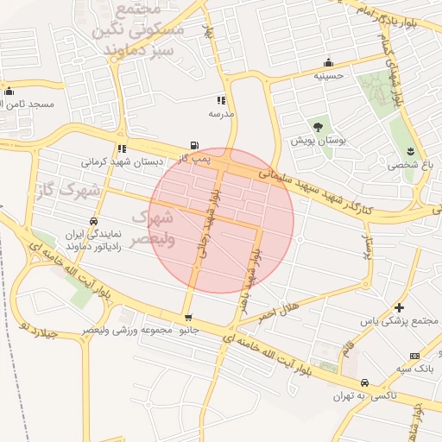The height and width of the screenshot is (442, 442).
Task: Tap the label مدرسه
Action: tap(221, 113)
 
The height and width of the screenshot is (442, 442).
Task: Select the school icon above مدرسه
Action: tap(222, 100)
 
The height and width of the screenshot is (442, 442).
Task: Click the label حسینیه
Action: tap(328, 76)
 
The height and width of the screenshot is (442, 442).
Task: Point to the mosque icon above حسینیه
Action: tap(328, 62)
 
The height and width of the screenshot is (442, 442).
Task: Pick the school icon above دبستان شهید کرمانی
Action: tap(122, 148)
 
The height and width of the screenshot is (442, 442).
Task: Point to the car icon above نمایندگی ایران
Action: tap(92, 221)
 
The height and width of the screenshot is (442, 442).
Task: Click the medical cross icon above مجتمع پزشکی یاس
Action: tap(399, 307)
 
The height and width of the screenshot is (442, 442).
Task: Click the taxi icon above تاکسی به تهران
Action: tap(364, 382)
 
